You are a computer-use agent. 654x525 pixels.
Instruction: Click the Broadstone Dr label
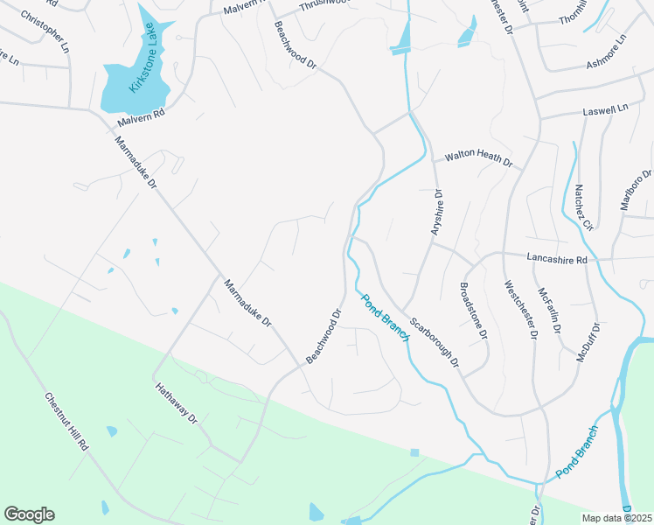click(x=473, y=312)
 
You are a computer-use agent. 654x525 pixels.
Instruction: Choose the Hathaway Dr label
click(x=177, y=403)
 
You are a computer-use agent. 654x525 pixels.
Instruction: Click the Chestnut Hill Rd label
click(x=67, y=421)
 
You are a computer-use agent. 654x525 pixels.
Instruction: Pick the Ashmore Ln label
click(x=607, y=52)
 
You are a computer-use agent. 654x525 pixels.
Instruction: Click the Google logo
click(x=29, y=514)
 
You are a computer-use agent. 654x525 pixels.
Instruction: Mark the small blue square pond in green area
click(x=414, y=452)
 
